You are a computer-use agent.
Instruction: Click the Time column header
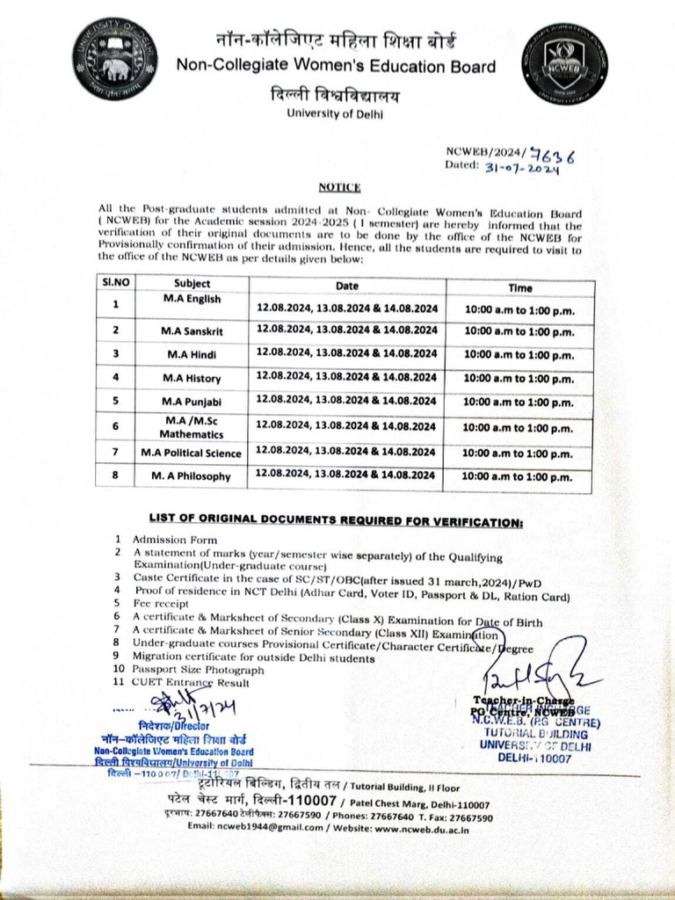point(519,287)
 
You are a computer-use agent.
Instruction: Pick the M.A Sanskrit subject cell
point(192,330)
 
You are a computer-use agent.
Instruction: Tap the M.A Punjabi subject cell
point(192,401)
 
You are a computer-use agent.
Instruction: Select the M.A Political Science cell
point(191,453)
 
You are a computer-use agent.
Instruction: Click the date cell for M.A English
point(347,308)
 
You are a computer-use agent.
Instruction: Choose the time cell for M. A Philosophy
point(518,477)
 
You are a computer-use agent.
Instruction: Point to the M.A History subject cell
point(192,377)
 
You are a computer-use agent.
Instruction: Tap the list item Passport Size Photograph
point(198,670)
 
